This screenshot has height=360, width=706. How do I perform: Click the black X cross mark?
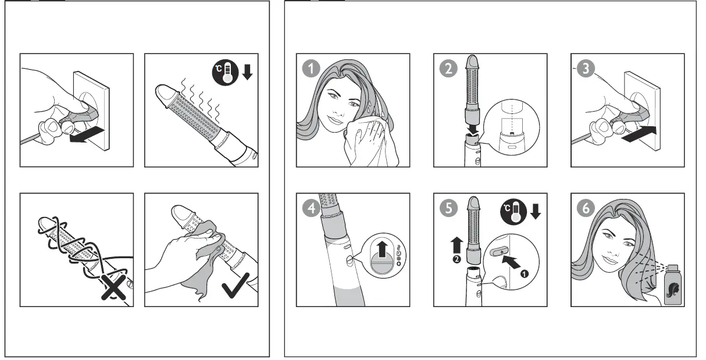pos(114,287)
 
